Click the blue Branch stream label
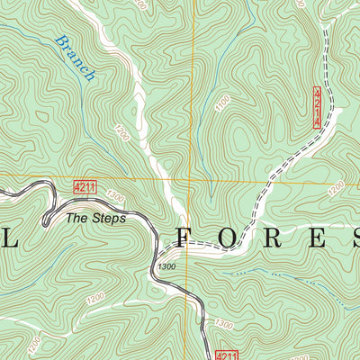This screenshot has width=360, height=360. [74, 58]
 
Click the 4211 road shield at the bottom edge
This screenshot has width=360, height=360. [227, 355]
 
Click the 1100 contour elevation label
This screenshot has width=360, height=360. [221, 105]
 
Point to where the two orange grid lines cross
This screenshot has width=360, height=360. [193, 178]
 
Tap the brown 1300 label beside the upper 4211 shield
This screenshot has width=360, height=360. [113, 194]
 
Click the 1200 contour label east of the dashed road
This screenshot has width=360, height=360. [335, 186]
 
